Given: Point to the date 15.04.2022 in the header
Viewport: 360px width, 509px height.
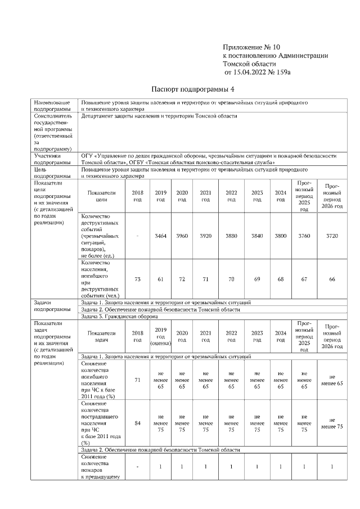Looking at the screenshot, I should click(247, 73).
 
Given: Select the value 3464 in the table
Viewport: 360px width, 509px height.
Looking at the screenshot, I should click(160, 236).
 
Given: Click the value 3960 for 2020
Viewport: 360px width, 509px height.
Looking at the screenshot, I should click(182, 236).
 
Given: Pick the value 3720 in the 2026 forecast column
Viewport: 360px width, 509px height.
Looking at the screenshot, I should click(332, 236).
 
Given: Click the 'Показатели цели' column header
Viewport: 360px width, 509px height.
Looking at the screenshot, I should click(101, 196).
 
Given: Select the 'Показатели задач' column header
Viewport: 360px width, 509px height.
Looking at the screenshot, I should click(101, 336).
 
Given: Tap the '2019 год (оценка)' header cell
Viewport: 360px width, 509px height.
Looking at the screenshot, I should click(160, 336).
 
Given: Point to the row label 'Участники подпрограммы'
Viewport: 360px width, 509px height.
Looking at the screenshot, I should click(52, 159).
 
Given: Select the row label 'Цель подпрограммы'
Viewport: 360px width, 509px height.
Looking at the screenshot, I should click(52, 172).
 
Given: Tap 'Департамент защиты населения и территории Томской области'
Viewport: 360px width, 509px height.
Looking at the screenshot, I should click(159, 116).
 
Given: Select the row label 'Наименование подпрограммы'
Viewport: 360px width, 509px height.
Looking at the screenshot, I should click(52, 106).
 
